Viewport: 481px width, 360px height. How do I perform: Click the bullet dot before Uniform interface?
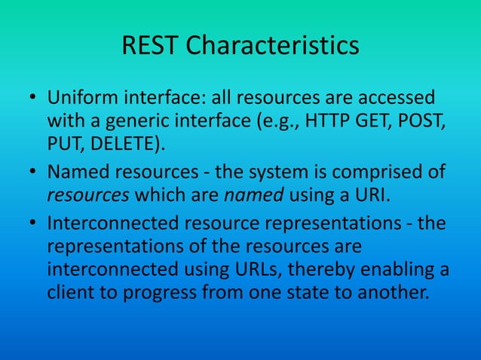pos(33,99)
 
